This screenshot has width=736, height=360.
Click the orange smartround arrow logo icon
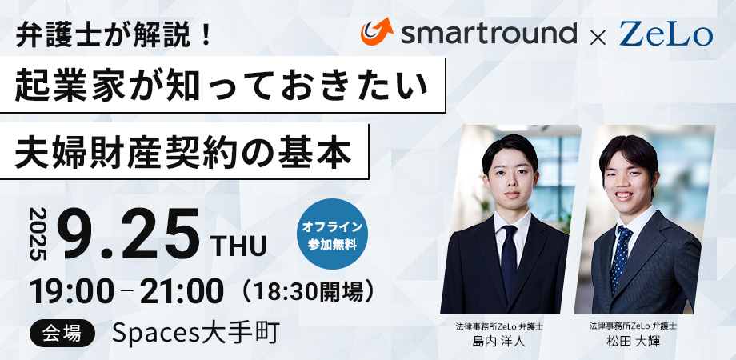pyautogui.click(x=377, y=31)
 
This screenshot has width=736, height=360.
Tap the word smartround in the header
pyautogui.click(x=488, y=34)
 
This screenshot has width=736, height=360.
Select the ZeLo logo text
pyautogui.click(x=666, y=34)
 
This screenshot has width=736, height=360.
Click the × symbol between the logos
pyautogui.click(x=598, y=37)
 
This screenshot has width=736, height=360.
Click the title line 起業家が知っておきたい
pyautogui.click(x=222, y=86)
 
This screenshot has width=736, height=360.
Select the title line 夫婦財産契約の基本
pyautogui.click(x=183, y=152)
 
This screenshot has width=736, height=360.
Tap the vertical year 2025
pyautogui.click(x=39, y=234)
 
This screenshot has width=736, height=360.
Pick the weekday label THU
pyautogui.click(x=239, y=246)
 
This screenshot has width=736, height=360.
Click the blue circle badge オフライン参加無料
pyautogui.click(x=332, y=234)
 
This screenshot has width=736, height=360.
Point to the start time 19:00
pyautogui.click(x=72, y=291)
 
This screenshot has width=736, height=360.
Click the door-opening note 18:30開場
pyautogui.click(x=308, y=292)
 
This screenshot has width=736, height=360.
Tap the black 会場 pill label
pyautogui.click(x=62, y=334)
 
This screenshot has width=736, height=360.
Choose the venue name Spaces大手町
pyautogui.click(x=196, y=334)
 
